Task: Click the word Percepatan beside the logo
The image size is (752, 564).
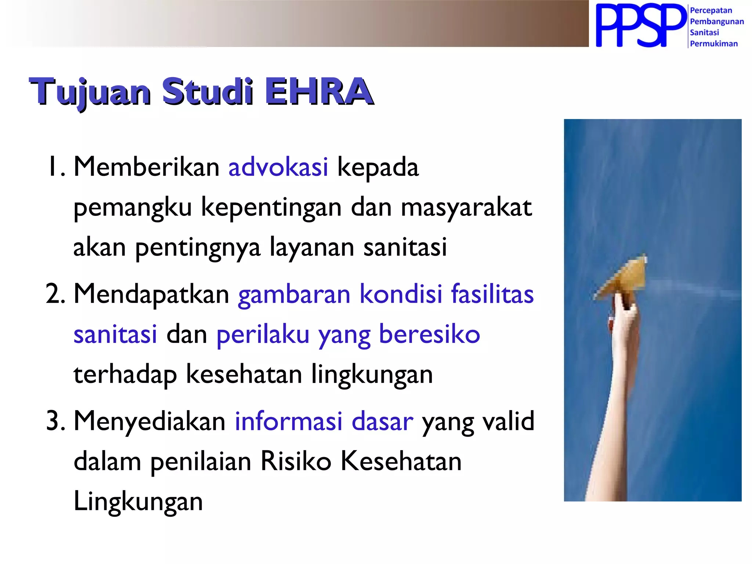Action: coord(711,10)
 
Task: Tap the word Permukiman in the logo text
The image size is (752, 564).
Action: coord(713,43)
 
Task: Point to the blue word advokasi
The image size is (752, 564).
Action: coord(278,167)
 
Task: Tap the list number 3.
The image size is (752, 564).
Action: coord(55,421)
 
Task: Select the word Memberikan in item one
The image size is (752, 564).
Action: coord(147,167)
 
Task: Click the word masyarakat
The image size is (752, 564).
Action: coord(466,207)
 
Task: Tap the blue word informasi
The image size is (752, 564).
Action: coord(289,421)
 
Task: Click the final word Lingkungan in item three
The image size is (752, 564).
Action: coord(138,502)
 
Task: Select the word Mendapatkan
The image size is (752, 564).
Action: coord(151,294)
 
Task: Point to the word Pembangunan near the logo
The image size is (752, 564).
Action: coord(716,21)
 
